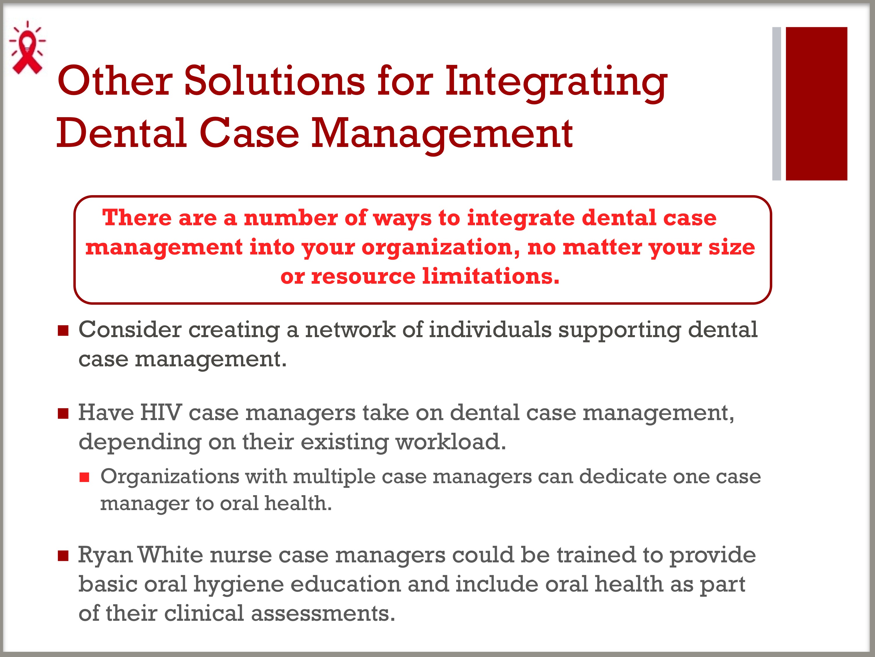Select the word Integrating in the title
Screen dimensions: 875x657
pyautogui.click(x=556, y=83)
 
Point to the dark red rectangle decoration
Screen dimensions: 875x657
pyautogui.click(x=816, y=104)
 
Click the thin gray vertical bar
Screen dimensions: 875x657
pyautogui.click(x=776, y=104)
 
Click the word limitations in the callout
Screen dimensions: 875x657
pyautogui.click(x=491, y=276)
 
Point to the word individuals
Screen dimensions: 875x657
pyautogui.click(x=490, y=330)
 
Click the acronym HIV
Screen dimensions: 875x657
pyautogui.click(x=161, y=413)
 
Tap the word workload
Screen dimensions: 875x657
pyautogui.click(x=451, y=442)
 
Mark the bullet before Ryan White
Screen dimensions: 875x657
pyautogui.click(x=63, y=556)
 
